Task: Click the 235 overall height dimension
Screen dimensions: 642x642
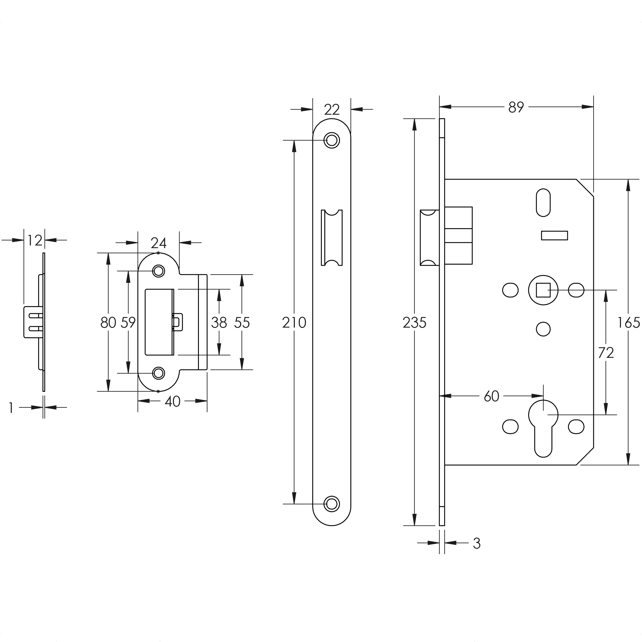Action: point(414,323)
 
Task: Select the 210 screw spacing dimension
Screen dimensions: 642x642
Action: point(294,323)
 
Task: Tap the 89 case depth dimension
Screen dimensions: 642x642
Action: point(516,107)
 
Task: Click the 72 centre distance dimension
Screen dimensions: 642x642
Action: point(606,353)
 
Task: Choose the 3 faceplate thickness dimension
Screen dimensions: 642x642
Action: point(477,543)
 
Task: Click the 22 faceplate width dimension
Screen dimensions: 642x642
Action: point(332,110)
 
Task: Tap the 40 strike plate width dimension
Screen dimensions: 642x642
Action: point(172,402)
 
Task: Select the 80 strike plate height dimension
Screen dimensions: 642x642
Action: point(108,323)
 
